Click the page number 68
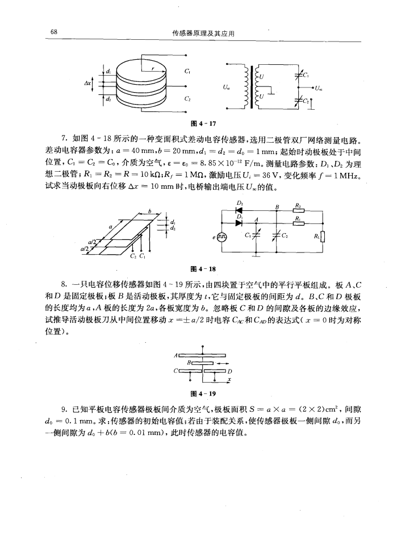pos(53,32)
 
